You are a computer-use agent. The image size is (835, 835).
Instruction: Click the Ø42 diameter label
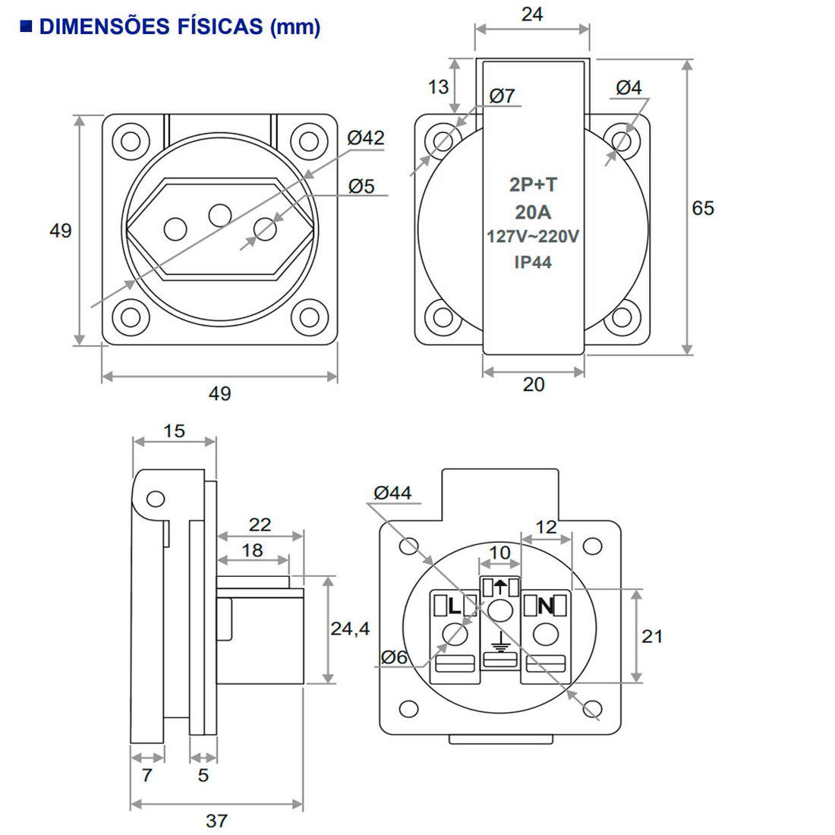coord(366,138)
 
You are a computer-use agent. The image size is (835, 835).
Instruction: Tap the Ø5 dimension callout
coord(362,186)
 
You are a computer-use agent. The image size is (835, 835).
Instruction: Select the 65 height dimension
coord(703,208)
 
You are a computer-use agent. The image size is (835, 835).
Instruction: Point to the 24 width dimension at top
coord(532,14)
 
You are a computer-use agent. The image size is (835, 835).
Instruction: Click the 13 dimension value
coord(438,87)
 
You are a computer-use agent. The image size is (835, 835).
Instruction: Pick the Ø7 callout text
coord(502,96)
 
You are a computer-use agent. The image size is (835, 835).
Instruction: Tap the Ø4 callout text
coord(629,87)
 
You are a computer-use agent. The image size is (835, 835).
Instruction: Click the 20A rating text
coord(533,212)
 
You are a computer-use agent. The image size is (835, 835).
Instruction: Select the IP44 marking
coord(533,263)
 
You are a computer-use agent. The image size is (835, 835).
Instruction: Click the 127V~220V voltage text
coord(533,237)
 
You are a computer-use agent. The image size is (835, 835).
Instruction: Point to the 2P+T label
coord(533,184)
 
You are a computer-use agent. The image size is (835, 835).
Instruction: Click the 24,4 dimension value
coord(350,629)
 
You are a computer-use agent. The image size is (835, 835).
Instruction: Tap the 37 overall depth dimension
coord(216,821)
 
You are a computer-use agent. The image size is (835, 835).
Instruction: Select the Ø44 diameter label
coord(392,493)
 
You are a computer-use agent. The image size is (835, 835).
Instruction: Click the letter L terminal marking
coord(454,606)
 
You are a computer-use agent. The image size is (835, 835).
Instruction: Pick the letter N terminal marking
coord(545,606)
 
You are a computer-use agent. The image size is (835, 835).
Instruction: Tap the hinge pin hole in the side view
coord(156,499)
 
